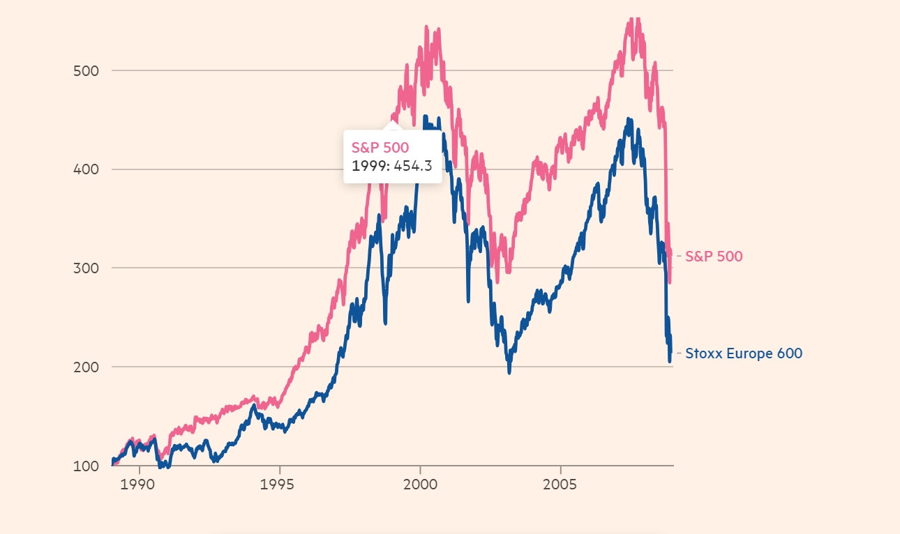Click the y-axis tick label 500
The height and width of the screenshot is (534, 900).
[86, 70]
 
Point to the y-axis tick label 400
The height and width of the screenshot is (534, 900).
[86, 169]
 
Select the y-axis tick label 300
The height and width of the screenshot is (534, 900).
[86, 268]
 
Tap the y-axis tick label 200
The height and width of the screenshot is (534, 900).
[86, 367]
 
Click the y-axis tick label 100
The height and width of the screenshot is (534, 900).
[86, 466]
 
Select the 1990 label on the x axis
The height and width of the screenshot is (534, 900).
[140, 482]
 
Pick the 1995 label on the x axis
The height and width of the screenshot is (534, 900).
[280, 482]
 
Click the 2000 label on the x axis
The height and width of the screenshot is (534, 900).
[420, 482]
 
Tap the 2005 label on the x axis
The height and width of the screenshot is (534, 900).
[560, 482]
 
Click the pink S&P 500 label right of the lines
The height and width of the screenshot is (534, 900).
[714, 256]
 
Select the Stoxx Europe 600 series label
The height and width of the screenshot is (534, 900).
[744, 353]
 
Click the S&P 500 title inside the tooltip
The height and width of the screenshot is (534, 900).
[380, 147]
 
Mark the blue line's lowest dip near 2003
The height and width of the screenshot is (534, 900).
[509, 372]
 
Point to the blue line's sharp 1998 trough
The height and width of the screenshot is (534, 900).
[385, 323]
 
